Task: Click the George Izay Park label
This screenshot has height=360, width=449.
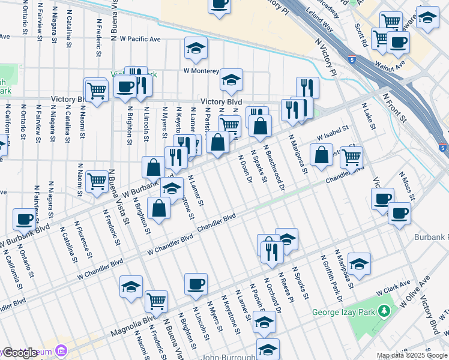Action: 343,313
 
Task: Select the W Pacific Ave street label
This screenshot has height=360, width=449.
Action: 139,39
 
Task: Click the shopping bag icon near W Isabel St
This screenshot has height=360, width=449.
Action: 322,154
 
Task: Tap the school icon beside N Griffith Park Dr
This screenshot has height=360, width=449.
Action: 359,263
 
